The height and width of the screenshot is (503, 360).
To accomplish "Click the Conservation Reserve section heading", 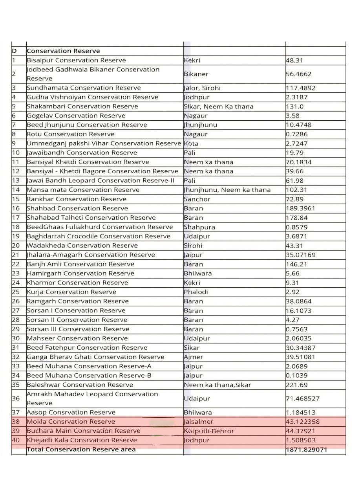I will tap(63, 51).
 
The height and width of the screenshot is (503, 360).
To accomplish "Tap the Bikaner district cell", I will tap(196, 74).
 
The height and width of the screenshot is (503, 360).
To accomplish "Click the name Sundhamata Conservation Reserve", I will tap(84, 88).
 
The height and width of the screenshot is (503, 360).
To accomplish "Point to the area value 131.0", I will tap(295, 106).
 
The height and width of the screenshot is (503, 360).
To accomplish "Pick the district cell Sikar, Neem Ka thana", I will tap(218, 106).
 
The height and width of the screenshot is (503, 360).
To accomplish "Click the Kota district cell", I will tap(191, 143).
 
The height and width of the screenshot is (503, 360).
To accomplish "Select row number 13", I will tap(16, 181).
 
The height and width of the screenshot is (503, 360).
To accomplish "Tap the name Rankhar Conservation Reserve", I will tap(77, 199).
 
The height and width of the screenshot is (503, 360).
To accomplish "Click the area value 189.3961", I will tap(301, 209).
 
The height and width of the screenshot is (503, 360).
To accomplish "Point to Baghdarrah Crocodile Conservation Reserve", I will tap(99, 237).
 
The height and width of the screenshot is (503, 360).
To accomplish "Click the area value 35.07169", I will tap(301, 255).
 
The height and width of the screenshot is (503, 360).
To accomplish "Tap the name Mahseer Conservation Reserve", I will tap(77, 338).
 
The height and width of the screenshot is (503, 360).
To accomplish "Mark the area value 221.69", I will tap(297, 385).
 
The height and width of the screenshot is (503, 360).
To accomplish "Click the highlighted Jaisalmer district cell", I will tap(199, 422).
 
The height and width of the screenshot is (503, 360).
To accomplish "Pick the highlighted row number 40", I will tap(16, 441).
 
